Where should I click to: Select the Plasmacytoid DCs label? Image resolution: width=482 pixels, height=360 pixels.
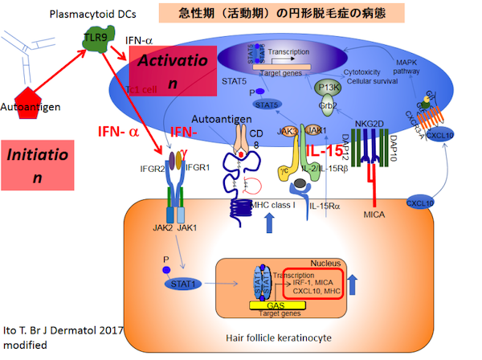83,14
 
